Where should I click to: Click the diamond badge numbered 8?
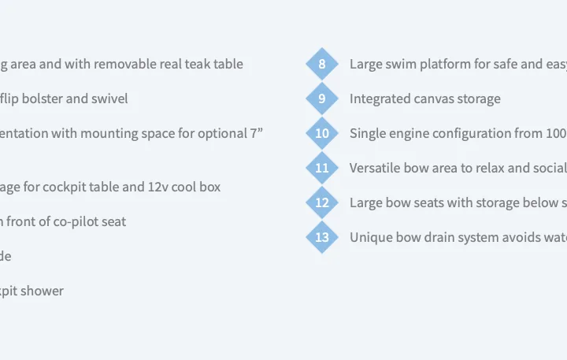coord(322,64)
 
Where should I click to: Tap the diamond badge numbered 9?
coord(322,98)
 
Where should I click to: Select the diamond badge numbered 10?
coord(322,133)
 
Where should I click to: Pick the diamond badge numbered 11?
coord(322,168)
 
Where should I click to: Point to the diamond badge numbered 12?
coord(322,202)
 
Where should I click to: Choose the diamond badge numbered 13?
coord(322,237)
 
